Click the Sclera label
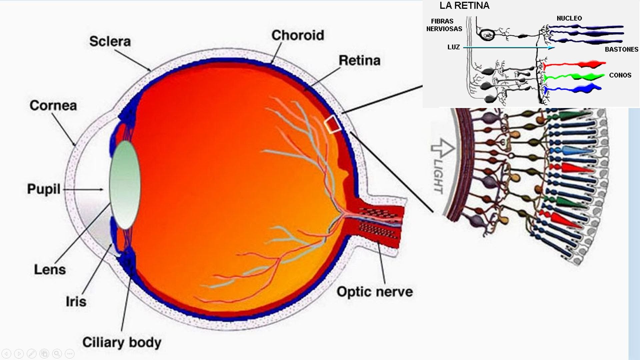tap(110, 41)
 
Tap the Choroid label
tap(297, 35)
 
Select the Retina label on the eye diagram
tap(359, 60)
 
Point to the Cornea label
tap(53, 105)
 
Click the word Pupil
tap(44, 189)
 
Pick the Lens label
tap(50, 269)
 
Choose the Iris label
tap(76, 301)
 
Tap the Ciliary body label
tap(122, 342)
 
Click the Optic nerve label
tap(375, 292)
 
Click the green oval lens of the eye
tap(125, 185)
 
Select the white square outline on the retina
tap(332, 125)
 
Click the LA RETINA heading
tap(464, 5)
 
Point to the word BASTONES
tap(621, 49)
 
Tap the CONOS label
tap(620, 75)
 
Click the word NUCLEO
tap(569, 18)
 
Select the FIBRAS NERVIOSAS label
tap(444, 25)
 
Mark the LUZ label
tap(453, 47)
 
